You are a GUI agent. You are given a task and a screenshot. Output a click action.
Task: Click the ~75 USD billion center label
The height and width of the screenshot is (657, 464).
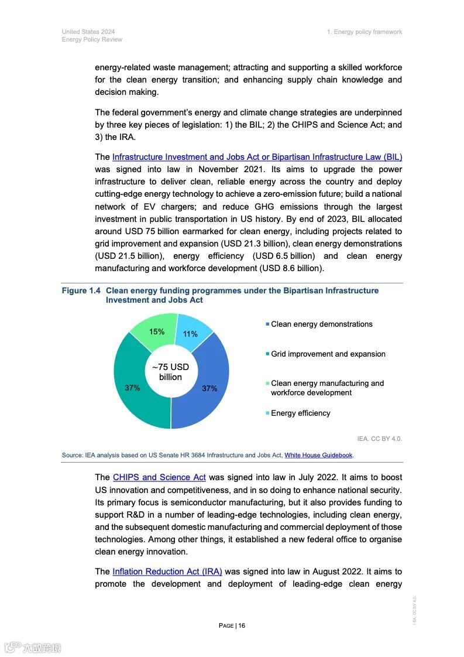(170, 372)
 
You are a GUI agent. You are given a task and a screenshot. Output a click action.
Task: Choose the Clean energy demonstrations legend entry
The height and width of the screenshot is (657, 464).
(321, 324)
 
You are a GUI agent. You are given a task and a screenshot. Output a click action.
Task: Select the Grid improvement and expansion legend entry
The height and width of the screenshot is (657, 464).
(328, 354)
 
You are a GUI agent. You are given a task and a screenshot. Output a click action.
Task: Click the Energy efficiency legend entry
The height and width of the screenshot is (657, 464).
(300, 413)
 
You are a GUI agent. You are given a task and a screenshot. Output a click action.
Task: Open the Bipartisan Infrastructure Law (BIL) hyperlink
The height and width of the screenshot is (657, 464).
(257, 157)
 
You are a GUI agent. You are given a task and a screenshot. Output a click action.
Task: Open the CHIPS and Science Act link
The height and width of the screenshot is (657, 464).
(159, 477)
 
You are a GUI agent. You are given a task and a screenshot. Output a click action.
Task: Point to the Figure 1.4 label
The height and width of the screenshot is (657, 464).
(81, 290)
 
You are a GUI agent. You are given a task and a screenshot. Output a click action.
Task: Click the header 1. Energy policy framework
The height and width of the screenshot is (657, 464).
(365, 32)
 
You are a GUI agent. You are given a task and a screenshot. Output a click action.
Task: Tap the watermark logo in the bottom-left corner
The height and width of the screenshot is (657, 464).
(33, 647)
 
